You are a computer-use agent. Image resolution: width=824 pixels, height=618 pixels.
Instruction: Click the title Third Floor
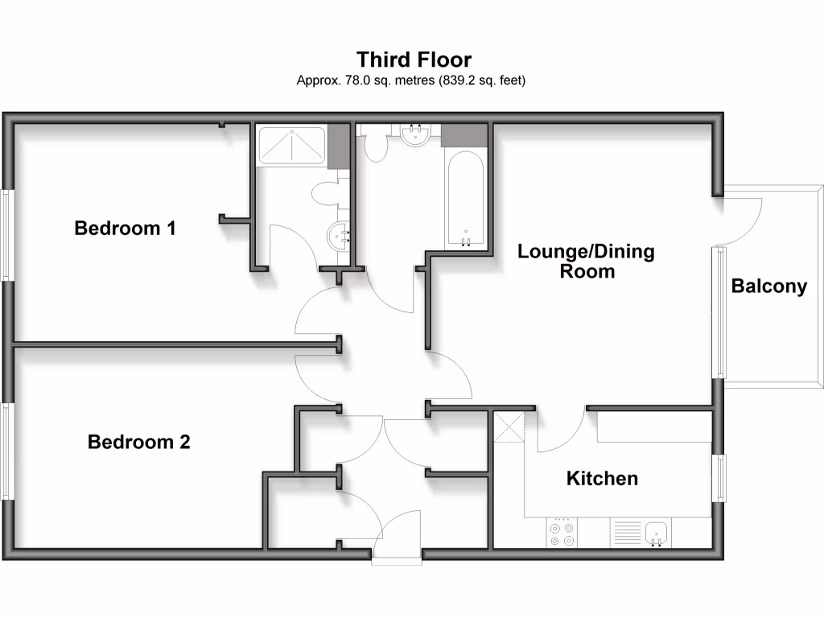pos(414,60)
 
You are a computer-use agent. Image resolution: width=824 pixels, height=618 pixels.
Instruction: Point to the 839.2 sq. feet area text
pos(482,80)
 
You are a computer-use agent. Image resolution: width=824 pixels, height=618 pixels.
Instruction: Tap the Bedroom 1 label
pos(125,229)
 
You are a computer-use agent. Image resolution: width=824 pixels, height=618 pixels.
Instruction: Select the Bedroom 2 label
pos(138,442)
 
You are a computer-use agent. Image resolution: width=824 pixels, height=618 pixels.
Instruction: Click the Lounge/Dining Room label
pos(586,262)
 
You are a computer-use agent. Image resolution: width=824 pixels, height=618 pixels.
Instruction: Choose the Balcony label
pos(768,286)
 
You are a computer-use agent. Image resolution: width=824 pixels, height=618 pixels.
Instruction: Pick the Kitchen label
pos(602,479)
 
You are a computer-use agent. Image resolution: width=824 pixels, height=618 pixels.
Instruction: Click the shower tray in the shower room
pos(290,146)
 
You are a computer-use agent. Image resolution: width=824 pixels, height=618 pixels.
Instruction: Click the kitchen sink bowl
pos(657,532)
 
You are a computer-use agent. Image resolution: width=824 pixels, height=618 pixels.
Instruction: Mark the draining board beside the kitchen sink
pos(628,532)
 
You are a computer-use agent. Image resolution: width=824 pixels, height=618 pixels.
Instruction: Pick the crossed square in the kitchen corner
pos(509,426)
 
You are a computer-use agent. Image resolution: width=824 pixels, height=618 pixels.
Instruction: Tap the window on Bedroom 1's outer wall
pos(7,235)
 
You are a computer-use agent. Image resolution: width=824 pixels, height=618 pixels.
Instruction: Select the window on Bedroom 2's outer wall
pos(7,451)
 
